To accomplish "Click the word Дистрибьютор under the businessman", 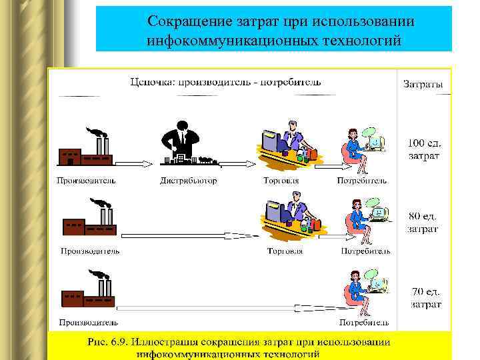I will coord(189,180).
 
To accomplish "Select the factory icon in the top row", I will coord(86,149).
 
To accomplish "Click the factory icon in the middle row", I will coord(89,220).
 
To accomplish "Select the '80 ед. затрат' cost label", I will coord(423,222).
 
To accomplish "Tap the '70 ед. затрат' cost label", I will coord(425,298).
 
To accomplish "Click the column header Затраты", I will coord(423,84).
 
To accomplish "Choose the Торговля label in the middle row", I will coord(285,251).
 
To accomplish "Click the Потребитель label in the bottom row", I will coord(363,323).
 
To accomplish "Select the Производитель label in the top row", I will coord(86,180).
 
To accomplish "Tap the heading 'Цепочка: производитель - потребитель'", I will coord(225,82).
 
